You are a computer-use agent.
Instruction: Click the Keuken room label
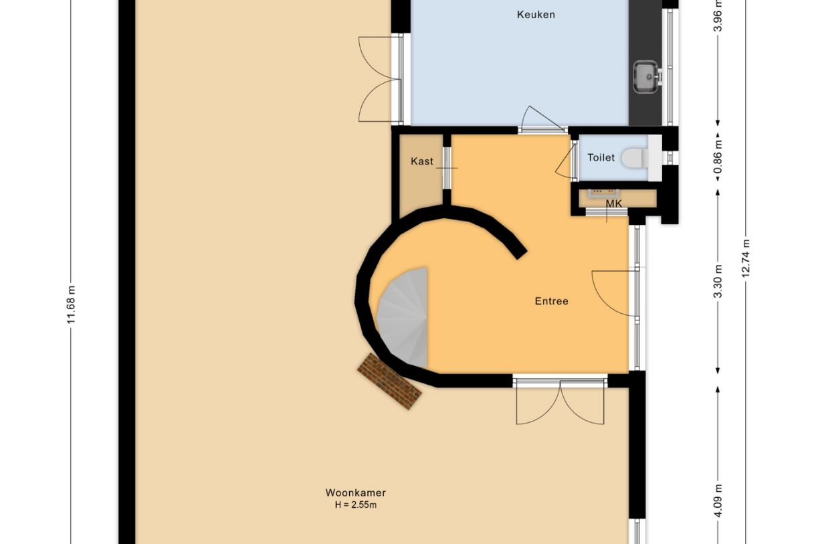[536, 15]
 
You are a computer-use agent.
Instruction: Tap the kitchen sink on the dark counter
[646, 76]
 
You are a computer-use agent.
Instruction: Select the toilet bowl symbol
[635, 159]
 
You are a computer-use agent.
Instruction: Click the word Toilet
[601, 158]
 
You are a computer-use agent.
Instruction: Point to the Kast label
[422, 161]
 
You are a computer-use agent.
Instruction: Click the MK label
[613, 203]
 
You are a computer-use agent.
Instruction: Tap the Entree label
[551, 301]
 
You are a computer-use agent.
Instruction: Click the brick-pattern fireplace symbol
[389, 381]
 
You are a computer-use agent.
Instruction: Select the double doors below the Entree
[560, 403]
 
